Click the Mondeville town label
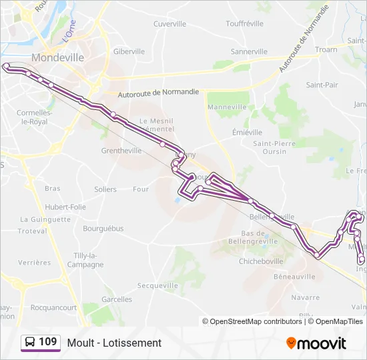click(57, 57)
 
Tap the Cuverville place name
click(169, 24)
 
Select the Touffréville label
click(246, 24)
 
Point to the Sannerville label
click(249, 51)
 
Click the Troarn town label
click(326, 49)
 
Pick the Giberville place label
click(129, 51)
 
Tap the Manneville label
click(228, 107)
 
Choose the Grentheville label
click(121, 151)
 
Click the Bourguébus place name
click(103, 229)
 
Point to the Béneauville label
click(294, 276)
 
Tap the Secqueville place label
click(158, 285)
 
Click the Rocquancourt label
click(54, 308)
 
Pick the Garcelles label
click(117, 300)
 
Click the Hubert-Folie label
click(65, 207)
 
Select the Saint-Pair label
click(322, 85)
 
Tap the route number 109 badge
click(40, 343)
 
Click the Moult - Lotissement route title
click(114, 343)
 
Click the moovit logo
click(316, 343)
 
